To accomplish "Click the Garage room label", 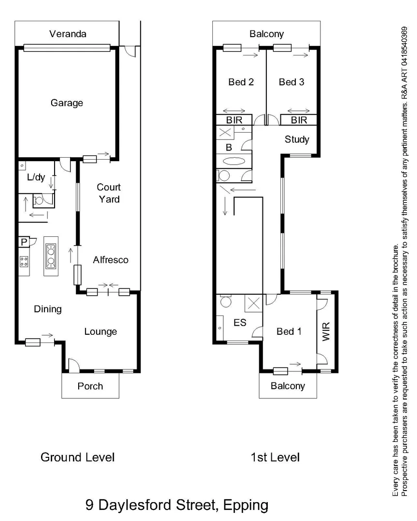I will point(67,103).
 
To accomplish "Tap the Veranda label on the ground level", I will point(68,34).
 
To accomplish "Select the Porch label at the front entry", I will point(90,386).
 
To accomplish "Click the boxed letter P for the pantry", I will point(24,242).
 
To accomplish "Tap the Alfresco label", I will point(111,260).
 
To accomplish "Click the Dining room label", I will point(48,309).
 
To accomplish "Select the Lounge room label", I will point(100,331).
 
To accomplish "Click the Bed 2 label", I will point(241,82).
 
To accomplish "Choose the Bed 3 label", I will point(292,82).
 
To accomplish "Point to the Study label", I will point(297,139).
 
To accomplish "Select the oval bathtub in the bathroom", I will point(234,162).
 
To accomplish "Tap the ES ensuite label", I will point(240,323).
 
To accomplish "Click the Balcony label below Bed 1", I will point(288,386).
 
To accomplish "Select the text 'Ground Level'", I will point(77,457).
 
